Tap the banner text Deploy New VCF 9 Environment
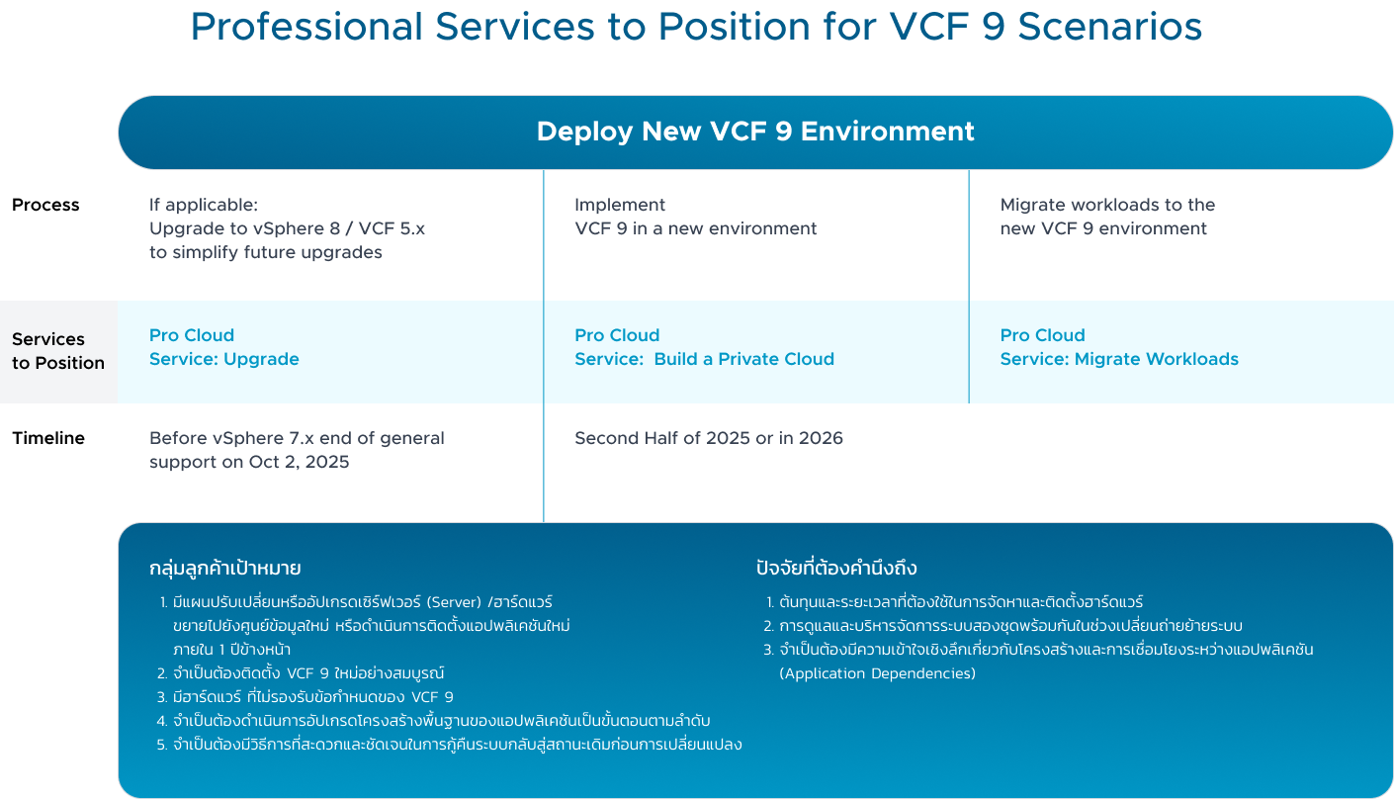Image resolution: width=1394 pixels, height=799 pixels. tap(755, 132)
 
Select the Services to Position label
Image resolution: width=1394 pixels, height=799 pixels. tap(57, 351)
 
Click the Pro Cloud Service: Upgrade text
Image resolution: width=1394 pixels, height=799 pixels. tap(223, 347)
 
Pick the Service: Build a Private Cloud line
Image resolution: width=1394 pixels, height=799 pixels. tap(704, 359)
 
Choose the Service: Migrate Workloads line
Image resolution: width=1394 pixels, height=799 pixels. tap(1118, 359)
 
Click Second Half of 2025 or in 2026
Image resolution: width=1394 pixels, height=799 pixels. tap(708, 438)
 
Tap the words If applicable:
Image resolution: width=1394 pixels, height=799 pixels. tap(203, 205)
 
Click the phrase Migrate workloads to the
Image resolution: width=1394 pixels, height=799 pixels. tap(1107, 205)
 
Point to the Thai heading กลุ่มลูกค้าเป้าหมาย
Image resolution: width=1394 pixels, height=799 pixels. tap(224, 569)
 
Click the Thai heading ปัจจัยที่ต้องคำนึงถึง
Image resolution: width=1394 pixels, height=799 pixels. tap(835, 569)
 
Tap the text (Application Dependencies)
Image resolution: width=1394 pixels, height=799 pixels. tap(877, 673)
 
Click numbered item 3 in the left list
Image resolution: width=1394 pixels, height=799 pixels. tap(311, 697)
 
